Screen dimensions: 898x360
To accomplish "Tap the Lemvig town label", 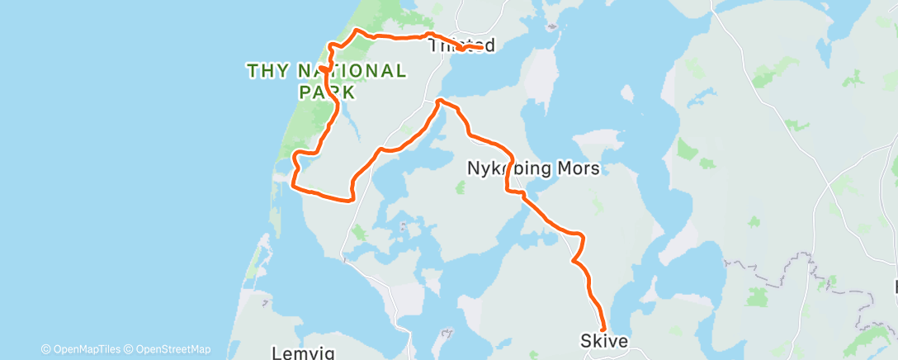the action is [x=303, y=353].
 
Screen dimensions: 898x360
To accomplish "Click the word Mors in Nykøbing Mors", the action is [x=579, y=168].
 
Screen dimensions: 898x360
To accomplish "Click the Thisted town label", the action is [x=462, y=46].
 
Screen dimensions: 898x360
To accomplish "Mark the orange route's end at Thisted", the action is [x=481, y=47].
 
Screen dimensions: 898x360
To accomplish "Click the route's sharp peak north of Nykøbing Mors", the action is [x=439, y=101].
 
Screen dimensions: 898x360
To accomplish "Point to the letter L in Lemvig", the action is [x=278, y=353].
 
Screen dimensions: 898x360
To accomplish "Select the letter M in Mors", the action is [x=566, y=168].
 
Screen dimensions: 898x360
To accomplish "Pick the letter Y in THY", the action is [x=279, y=71].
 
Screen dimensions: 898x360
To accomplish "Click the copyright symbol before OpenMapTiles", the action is [x=46, y=349].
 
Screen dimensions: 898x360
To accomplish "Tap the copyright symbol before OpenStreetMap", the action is [x=130, y=349].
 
